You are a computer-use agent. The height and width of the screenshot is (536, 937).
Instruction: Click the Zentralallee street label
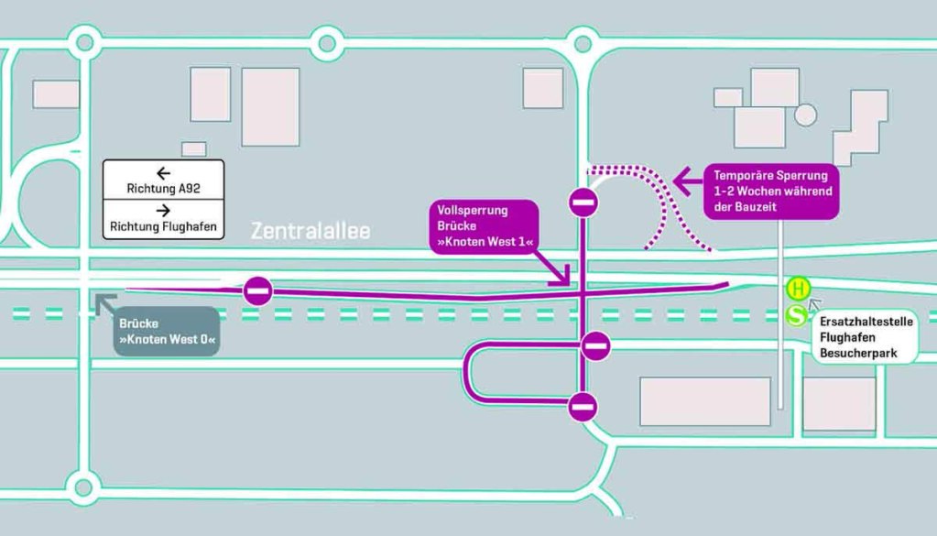pyautogui.click(x=311, y=232)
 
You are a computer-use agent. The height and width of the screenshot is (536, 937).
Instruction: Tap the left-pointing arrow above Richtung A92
pyautogui.click(x=163, y=172)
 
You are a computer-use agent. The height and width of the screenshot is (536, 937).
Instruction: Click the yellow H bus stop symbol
pyautogui.click(x=799, y=290)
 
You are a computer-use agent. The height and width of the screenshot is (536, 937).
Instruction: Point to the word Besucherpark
pyautogui.click(x=856, y=354)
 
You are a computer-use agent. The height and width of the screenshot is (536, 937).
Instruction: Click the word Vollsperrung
pyautogui.click(x=471, y=211)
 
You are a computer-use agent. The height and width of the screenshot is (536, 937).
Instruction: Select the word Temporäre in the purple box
pyautogui.click(x=744, y=175)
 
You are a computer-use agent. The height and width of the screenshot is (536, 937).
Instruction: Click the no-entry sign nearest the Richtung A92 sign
pyautogui.click(x=258, y=292)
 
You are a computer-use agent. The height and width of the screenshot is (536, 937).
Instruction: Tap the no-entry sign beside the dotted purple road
pyautogui.click(x=583, y=202)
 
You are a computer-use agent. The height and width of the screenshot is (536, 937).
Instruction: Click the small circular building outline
pyautogui.click(x=805, y=115)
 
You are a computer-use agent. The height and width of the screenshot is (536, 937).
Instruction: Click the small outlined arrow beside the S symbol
pyautogui.click(x=815, y=305)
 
